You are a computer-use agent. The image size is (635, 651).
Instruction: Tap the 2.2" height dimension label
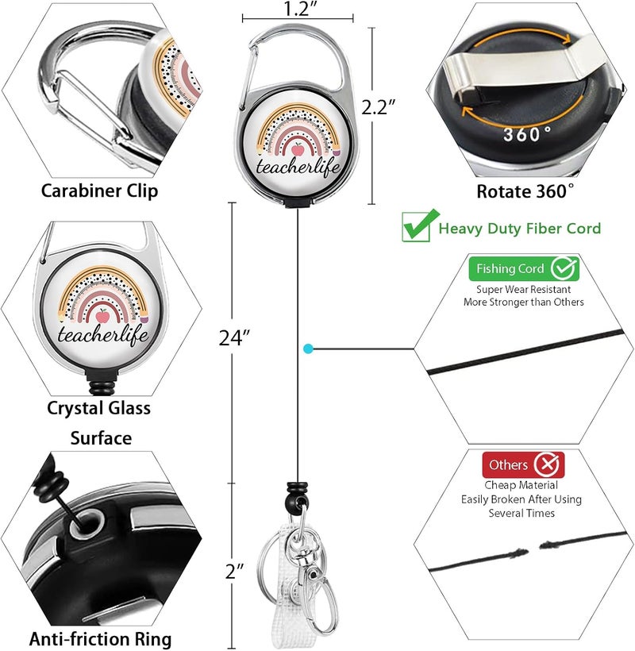tap(378, 107)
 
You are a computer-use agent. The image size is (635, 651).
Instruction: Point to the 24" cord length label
tap(234, 338)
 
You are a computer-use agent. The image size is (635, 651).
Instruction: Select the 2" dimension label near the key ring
tap(234, 572)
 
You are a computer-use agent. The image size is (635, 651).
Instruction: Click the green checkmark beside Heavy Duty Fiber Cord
tap(420, 225)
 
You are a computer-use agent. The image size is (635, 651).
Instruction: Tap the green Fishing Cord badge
tap(524, 268)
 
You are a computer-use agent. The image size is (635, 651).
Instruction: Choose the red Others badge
tap(523, 464)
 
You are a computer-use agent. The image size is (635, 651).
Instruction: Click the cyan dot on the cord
tap(308, 349)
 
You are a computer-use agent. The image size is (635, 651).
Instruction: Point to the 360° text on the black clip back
tap(528, 134)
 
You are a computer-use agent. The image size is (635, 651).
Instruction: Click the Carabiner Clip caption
tap(99, 191)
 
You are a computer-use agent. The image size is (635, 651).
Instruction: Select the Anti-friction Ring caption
tap(100, 638)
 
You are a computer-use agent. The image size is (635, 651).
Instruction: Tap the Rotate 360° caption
tap(525, 191)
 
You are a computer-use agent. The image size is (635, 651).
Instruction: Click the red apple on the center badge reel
tap(297, 148)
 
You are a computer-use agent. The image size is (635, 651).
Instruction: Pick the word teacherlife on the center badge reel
tap(298, 167)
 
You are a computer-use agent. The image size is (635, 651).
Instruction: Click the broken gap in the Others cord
tap(533, 549)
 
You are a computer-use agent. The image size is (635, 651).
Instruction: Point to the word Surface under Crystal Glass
tap(101, 438)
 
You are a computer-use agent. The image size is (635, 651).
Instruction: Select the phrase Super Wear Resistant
tap(523, 290)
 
